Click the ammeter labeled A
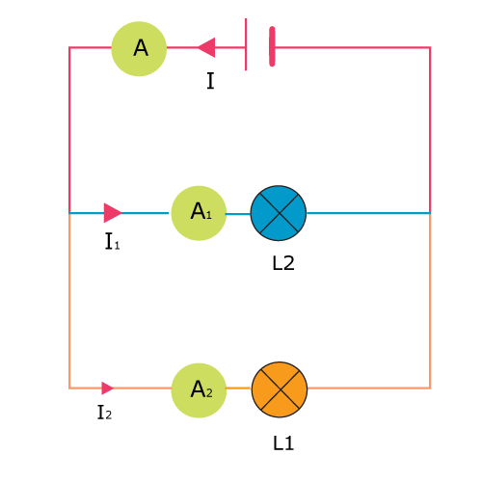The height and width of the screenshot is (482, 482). coord(139,49)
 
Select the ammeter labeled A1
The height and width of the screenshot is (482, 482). coord(199,213)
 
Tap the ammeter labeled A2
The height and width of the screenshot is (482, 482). coord(199,390)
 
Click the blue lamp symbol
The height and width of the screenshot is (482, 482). coord(279,213)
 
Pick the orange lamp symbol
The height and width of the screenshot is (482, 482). coord(280,389)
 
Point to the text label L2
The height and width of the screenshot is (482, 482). coord(283,263)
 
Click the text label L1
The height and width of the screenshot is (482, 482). coord(283,443)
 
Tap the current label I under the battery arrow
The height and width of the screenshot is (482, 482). coord(210,81)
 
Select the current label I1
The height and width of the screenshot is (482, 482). coord(112,242)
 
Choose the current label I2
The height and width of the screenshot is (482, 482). coord(104,413)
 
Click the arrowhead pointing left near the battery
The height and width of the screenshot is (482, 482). coord(206,47)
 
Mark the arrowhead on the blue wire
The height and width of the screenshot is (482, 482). coord(113,213)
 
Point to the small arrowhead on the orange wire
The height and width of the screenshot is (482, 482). coord(108,388)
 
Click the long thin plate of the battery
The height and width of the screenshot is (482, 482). coord(246,44)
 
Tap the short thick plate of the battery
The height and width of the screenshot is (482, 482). coord(272,46)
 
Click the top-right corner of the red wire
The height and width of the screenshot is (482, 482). coord(430,47)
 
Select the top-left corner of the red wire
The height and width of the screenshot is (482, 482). coord(69,47)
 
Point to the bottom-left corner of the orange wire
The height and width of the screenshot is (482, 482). coord(69,388)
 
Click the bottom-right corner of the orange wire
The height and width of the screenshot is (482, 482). coord(430,388)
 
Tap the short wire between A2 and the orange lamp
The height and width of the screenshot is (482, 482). coord(238,388)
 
